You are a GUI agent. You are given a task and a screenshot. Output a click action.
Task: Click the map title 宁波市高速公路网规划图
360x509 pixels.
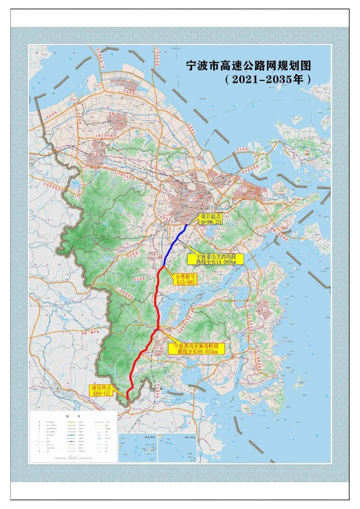(x=248, y=66)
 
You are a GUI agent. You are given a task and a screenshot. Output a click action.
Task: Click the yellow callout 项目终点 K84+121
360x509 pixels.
(x=101, y=390)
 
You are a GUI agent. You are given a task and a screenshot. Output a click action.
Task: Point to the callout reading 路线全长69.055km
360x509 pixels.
(x=197, y=349)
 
